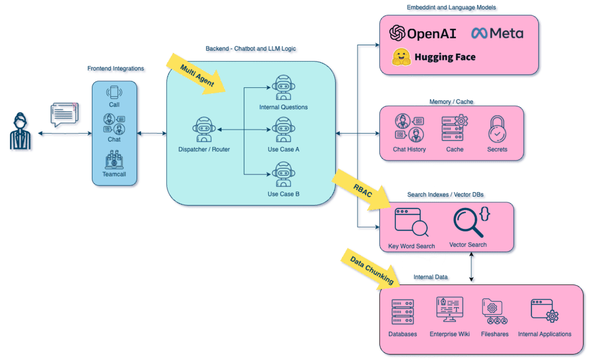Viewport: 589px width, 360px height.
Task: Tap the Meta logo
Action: point(479,33)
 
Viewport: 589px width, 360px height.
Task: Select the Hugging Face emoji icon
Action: point(401,57)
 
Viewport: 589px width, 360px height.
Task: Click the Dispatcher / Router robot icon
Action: point(204,129)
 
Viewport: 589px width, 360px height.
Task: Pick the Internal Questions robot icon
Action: point(283,87)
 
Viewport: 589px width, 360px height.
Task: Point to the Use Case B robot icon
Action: point(283,174)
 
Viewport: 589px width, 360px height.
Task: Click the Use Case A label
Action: point(283,149)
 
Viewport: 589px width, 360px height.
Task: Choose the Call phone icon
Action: point(114,92)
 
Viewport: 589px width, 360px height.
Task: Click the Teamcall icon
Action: point(114,160)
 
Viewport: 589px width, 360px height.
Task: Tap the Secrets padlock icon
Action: point(497,129)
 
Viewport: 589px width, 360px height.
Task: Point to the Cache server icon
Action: point(454,128)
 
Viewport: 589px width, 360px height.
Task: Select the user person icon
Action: point(21,132)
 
